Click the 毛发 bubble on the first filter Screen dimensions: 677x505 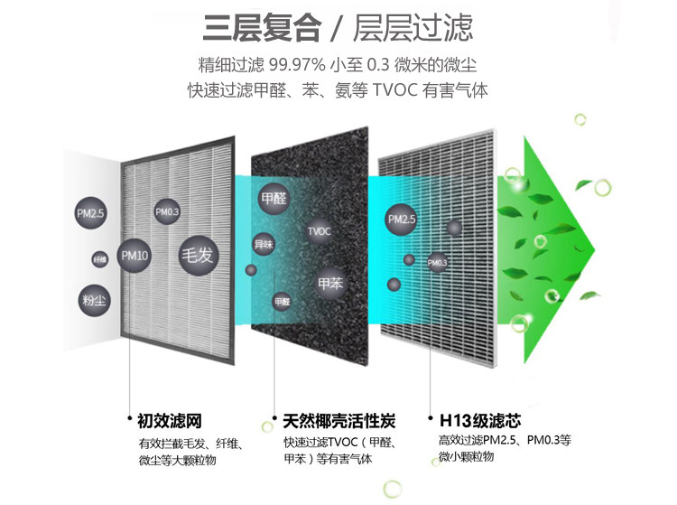click(x=199, y=254)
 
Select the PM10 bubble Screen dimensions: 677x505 click(x=134, y=256)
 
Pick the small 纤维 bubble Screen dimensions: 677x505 click(x=99, y=259)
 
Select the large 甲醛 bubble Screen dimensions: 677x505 click(x=274, y=198)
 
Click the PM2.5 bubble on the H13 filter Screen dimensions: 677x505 click(x=402, y=219)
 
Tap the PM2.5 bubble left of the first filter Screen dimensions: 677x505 click(x=90, y=214)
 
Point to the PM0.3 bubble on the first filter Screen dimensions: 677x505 click(x=168, y=211)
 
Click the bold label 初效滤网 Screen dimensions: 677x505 click(x=169, y=421)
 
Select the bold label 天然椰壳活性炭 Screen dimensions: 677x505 click(x=338, y=421)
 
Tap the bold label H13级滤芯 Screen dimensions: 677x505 click(x=479, y=421)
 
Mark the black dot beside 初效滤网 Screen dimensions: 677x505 click(x=131, y=421)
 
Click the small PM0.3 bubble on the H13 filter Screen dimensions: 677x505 click(x=437, y=263)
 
